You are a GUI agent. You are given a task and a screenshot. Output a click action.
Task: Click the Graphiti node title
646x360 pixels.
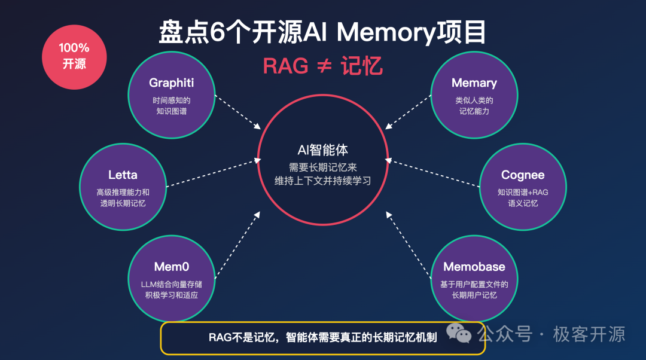(171, 83)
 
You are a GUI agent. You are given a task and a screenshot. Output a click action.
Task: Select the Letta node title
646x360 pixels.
(123, 175)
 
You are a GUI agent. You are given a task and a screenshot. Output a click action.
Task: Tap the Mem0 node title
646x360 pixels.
(171, 267)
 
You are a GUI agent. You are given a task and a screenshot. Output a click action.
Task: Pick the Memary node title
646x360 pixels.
(474, 83)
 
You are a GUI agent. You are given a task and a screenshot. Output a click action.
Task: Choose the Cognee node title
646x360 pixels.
(523, 175)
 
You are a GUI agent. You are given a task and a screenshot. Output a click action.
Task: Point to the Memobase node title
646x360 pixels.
(474, 267)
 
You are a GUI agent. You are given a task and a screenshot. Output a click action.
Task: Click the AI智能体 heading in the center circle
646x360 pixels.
(323, 149)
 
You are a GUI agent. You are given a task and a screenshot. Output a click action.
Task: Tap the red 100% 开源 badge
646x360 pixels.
(74, 56)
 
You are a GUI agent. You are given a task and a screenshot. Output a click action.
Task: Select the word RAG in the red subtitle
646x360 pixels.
(285, 65)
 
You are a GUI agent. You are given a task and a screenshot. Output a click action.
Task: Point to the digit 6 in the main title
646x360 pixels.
(217, 32)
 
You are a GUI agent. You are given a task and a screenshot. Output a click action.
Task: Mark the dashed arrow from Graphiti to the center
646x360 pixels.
(237, 111)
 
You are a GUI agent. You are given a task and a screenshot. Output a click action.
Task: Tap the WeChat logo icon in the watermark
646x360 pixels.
(461, 334)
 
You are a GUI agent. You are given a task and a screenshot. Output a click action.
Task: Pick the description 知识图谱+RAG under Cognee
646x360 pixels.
(523, 193)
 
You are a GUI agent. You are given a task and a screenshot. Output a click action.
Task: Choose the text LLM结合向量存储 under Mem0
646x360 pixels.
(171, 284)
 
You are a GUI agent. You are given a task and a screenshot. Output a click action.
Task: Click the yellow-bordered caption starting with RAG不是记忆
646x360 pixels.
(323, 337)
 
